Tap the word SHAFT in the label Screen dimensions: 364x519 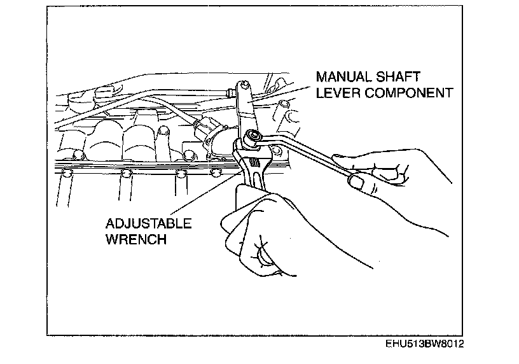(401, 77)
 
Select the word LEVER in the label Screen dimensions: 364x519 (336, 93)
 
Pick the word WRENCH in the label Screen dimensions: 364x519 (135, 240)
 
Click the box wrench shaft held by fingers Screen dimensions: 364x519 (305, 153)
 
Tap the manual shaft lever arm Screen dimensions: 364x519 (244, 111)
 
